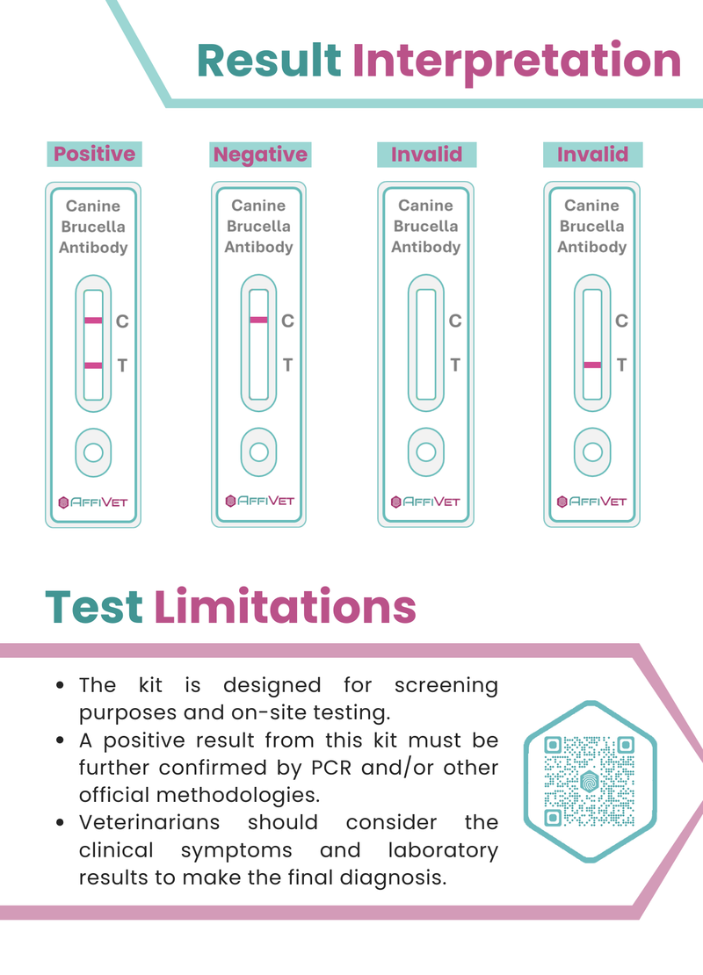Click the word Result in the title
[x=269, y=61]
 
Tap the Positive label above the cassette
[x=95, y=154]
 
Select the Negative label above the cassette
[x=261, y=155]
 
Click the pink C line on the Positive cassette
[x=93, y=321]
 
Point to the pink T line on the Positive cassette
[x=93, y=365]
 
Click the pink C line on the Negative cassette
[x=259, y=320]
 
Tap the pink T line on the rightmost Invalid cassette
[x=592, y=365]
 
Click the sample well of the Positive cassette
[x=93, y=452]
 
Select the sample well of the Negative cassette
[x=259, y=451]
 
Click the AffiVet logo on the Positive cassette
[x=92, y=502]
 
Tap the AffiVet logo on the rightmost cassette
[x=591, y=502]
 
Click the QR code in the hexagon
[x=589, y=781]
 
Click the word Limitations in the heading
[x=285, y=606]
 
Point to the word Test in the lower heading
[x=94, y=606]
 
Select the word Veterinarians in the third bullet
[x=149, y=822]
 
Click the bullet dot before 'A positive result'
[x=60, y=740]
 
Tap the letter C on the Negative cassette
[x=287, y=321]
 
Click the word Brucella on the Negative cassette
[x=259, y=226]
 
